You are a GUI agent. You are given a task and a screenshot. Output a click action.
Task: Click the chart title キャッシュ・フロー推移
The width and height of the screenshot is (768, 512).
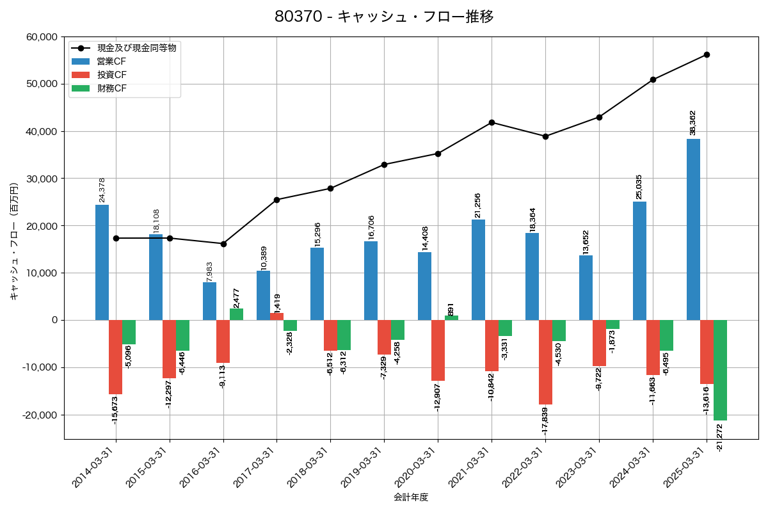[384, 17]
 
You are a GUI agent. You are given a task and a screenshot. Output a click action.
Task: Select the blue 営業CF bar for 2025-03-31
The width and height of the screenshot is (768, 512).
[693, 229]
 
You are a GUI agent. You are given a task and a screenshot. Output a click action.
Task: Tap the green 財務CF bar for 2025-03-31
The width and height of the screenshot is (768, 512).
[720, 370]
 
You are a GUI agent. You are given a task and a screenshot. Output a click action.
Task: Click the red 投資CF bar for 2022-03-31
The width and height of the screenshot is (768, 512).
[545, 362]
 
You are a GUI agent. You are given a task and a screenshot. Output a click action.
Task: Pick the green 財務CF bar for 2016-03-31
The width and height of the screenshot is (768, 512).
[236, 314]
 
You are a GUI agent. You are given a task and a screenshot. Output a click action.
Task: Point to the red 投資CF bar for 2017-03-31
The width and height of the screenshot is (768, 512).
[276, 316]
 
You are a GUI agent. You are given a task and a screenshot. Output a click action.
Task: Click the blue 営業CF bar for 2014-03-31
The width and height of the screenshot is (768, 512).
[102, 262]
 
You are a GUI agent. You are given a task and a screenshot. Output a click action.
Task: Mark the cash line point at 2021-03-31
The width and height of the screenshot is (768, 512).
[492, 122]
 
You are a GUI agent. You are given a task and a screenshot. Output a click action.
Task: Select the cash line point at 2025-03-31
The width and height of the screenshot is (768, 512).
[707, 54]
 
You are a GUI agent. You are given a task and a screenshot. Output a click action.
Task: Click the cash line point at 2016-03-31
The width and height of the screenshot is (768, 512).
[223, 244]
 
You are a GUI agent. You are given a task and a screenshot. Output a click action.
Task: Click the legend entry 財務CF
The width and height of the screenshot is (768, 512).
[112, 88]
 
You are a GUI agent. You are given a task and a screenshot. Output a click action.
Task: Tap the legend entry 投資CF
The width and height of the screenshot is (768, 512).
[112, 75]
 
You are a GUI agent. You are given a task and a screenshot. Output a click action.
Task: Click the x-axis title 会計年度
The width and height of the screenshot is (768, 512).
[411, 497]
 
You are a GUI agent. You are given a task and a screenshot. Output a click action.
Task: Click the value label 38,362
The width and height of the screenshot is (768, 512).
[692, 123]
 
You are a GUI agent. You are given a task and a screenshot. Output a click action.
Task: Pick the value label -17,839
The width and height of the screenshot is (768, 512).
[545, 420]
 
